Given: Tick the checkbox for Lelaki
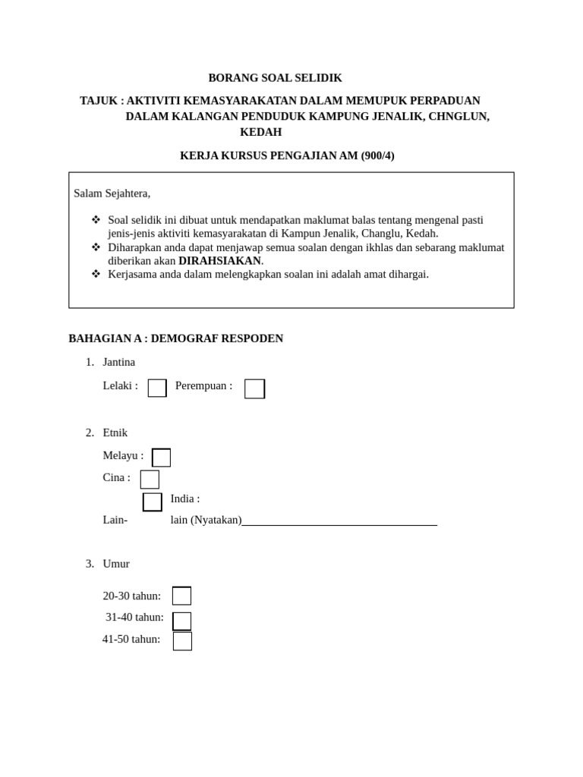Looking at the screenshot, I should pos(157,388).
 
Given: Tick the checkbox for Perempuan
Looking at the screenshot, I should pos(254,388).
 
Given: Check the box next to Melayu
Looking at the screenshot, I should pos(161,458).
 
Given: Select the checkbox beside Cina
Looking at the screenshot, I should pos(150,479).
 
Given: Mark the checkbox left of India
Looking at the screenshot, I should pos(153,502).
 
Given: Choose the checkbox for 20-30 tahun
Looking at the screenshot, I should pos(181,596).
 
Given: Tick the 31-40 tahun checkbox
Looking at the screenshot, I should pos(181,621).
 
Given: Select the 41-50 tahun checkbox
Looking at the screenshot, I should pos(182,641).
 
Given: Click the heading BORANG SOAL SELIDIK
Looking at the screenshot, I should pos(275,78).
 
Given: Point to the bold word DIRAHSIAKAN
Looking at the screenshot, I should pos(219,261).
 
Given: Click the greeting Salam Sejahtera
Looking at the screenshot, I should pos(112,193).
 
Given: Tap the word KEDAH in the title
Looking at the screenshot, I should pos(260,132).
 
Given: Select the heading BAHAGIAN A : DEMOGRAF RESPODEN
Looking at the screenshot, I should pos(175,338).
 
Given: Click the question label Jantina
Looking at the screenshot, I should pos(118,362).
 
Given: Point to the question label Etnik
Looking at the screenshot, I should pos(115,433).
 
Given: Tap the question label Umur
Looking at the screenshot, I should pos(116,564).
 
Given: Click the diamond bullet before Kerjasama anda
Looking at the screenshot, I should pos(96,273).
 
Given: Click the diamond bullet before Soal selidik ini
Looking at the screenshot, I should pos(96,219).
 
